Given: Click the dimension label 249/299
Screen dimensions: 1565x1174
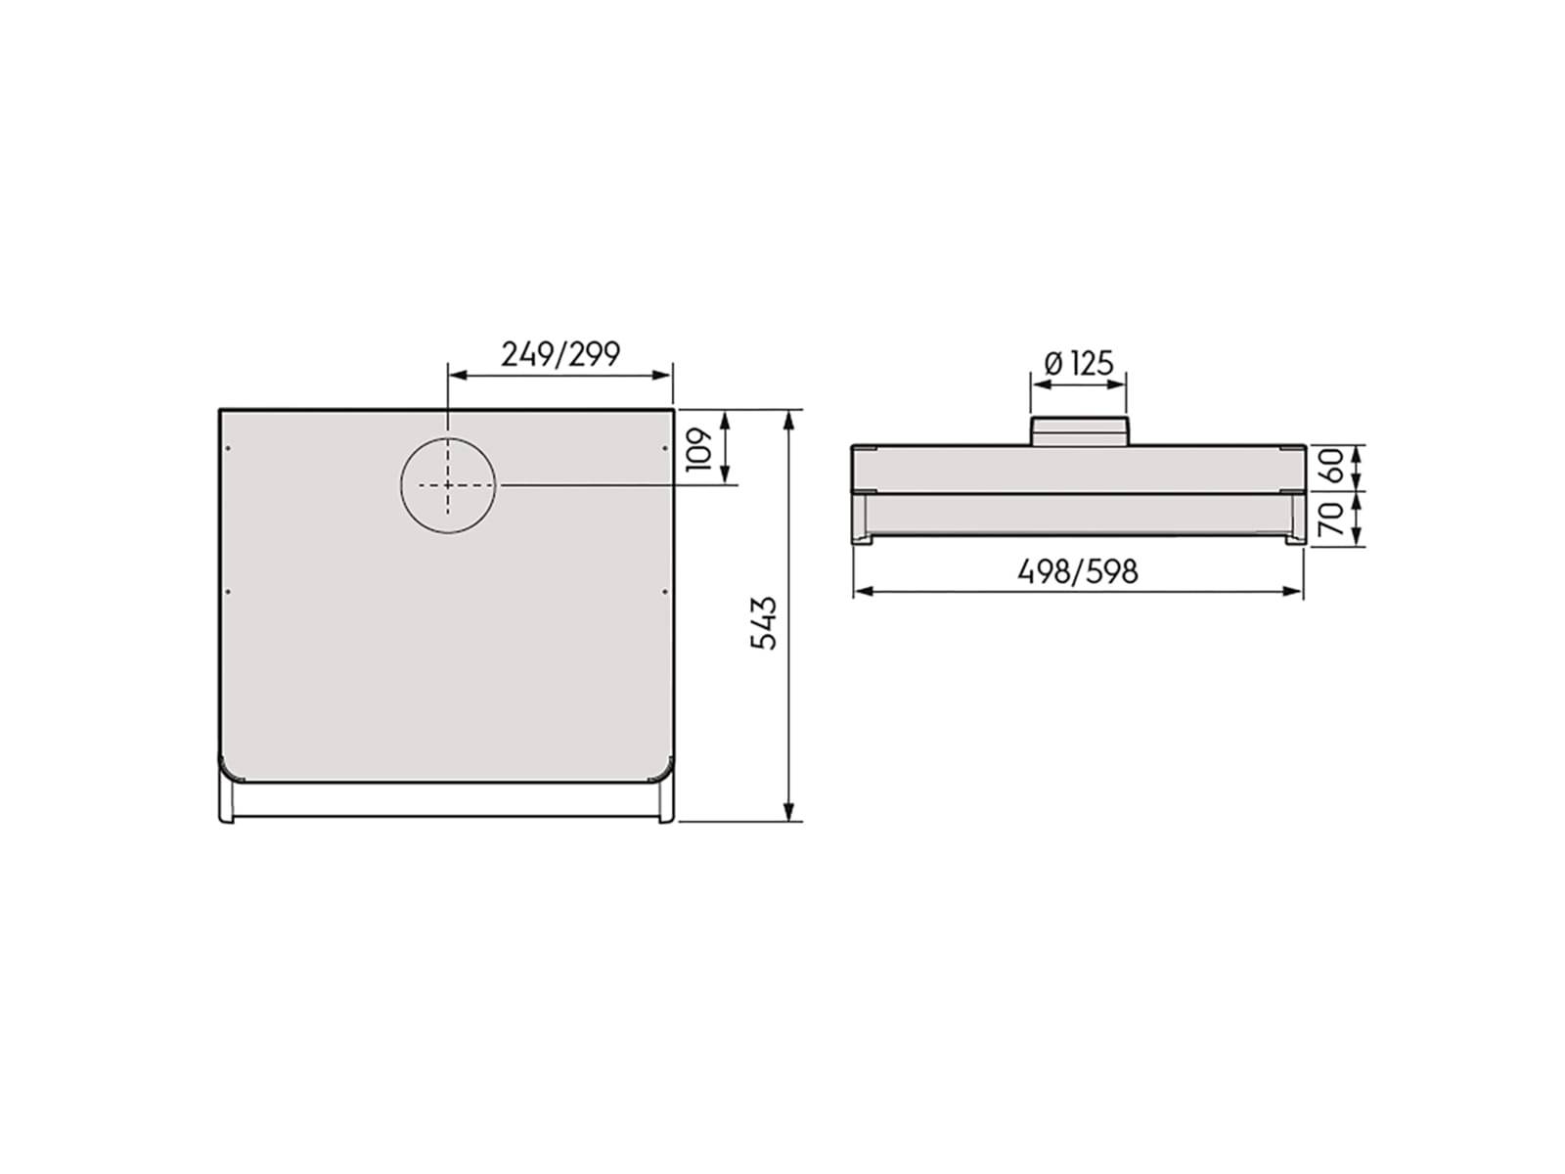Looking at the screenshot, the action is [560, 354].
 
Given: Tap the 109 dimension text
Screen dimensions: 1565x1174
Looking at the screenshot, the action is [699, 449].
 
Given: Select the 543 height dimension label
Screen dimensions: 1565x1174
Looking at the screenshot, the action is [764, 623].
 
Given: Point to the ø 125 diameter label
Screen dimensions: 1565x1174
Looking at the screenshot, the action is [1078, 364].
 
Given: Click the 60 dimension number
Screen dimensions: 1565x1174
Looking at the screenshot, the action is [1332, 465].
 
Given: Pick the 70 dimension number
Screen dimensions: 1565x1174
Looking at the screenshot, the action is [1332, 519].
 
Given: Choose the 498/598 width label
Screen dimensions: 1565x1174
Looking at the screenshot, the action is [1077, 571].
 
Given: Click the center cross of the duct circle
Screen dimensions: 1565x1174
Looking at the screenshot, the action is [447, 484].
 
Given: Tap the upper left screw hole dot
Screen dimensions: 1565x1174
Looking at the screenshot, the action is [228, 448].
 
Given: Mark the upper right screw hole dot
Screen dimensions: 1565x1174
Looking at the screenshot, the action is [664, 448].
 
